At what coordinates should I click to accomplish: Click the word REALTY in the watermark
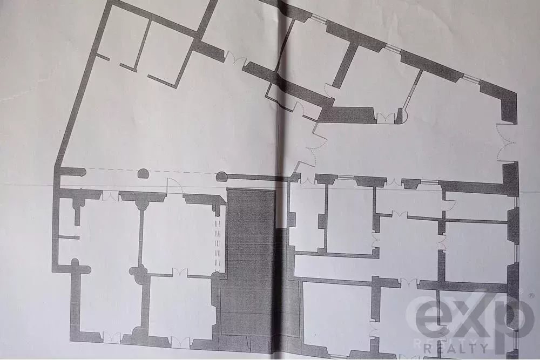click(456, 348)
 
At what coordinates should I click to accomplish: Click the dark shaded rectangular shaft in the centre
click(252, 262)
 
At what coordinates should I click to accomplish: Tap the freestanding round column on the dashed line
click(143, 173)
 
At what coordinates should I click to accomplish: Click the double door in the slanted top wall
click(237, 58)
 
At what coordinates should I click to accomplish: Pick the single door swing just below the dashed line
click(174, 186)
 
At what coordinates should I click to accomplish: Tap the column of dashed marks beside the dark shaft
click(217, 243)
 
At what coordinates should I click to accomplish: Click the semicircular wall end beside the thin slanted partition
click(402, 116)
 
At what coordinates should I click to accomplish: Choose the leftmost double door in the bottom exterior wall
click(112, 337)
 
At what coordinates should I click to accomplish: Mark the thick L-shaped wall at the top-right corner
click(500, 101)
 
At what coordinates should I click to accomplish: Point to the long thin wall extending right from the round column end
click(255, 178)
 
